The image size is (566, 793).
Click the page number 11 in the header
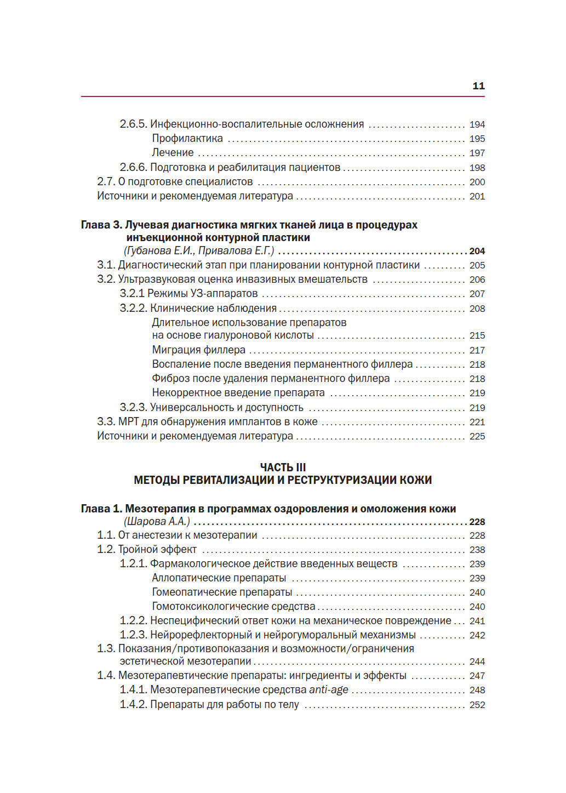pos(478,86)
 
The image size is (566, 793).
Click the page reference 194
pos(477,125)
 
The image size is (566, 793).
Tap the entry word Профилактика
pos(187,139)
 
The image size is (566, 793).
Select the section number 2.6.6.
pos(133,168)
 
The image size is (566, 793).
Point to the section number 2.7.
pos(106,182)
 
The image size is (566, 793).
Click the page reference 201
pos(477,196)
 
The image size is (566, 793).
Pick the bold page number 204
pos(477,251)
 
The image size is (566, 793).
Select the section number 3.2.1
pos(132,294)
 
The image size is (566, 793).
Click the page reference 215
pos(477,335)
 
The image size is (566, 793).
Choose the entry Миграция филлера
pos(198,350)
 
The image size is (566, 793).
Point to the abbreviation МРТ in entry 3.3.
pos(129,422)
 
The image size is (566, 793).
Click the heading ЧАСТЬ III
pos(283,467)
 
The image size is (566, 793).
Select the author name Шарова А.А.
pos(157,522)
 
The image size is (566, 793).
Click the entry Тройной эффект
pos(157,550)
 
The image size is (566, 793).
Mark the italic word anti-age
pos(329,690)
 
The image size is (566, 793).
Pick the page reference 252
pos(477,705)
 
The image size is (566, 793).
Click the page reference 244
pos(477,662)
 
